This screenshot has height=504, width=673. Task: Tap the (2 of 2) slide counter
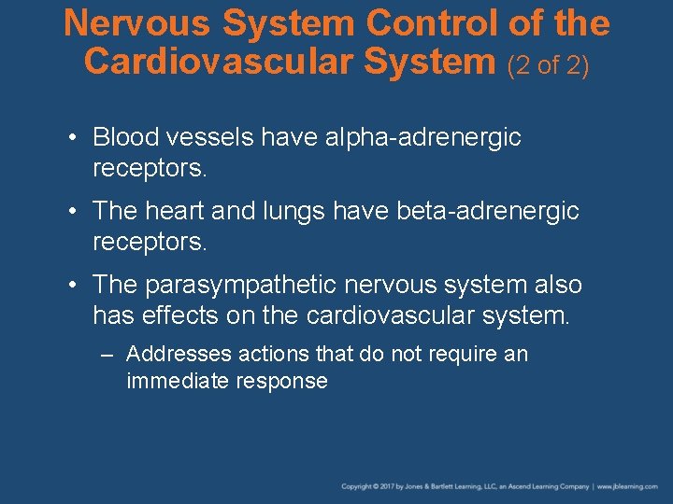[x=549, y=64]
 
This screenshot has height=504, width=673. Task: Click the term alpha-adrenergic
[x=422, y=138]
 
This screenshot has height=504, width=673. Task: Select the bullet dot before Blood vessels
[x=72, y=138]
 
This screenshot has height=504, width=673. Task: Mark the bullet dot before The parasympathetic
[x=72, y=285]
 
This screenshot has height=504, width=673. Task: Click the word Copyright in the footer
[x=358, y=486]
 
